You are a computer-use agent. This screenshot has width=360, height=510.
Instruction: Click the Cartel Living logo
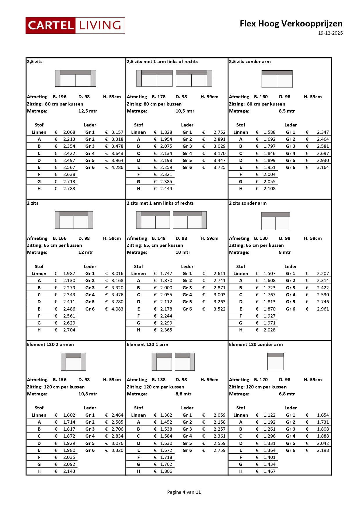(75, 26)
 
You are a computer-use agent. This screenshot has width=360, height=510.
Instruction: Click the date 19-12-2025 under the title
(330, 33)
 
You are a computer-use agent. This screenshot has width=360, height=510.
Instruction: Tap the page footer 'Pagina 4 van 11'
(184, 492)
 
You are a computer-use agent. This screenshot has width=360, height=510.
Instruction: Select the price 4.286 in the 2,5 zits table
(117, 167)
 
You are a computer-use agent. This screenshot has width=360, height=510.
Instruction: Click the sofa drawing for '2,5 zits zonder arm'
(277, 79)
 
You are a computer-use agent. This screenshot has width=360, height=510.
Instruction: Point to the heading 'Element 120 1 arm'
(147, 345)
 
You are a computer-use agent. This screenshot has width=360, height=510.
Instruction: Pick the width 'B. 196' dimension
(60, 97)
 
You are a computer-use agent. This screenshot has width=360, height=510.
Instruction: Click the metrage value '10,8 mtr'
(88, 394)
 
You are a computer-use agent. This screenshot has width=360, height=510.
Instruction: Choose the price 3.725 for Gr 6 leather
(219, 167)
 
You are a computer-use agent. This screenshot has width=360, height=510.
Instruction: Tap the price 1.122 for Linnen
(269, 415)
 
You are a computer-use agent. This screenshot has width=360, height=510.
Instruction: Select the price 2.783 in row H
(69, 189)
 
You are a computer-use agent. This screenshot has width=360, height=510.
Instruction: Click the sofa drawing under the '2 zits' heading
(74, 220)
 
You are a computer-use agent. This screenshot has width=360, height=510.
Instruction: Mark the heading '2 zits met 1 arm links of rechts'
(160, 203)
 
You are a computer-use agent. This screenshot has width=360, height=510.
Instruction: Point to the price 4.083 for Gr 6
(117, 309)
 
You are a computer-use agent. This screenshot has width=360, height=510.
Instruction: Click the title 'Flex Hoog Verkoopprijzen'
(291, 24)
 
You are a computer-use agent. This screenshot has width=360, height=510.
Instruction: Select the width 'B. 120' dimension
(261, 380)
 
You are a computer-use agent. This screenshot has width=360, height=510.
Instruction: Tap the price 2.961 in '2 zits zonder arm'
(323, 309)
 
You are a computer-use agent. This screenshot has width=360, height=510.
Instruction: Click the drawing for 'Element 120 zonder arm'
(276, 361)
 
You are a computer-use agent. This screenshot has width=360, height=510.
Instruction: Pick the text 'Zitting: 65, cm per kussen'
(155, 245)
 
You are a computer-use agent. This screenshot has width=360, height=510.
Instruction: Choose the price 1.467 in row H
(269, 471)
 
